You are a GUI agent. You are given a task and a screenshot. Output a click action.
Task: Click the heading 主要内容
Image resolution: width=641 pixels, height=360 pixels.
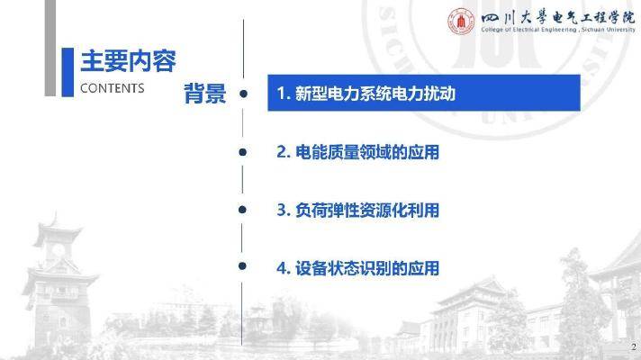pyautogui.click(x=128, y=61)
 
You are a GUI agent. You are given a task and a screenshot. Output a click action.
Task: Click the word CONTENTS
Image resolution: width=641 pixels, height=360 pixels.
pyautogui.click(x=112, y=88)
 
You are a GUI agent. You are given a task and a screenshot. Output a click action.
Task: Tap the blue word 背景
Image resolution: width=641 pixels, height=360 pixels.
pyautogui.click(x=204, y=94)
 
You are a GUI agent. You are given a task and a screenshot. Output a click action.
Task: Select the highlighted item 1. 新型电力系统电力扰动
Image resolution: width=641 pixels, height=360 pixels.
pyautogui.click(x=424, y=93)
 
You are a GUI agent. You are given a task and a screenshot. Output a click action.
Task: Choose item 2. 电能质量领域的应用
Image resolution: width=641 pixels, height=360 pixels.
pyautogui.click(x=357, y=152)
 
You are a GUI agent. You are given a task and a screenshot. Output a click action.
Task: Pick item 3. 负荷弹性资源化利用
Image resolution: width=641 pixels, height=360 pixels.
pyautogui.click(x=357, y=210)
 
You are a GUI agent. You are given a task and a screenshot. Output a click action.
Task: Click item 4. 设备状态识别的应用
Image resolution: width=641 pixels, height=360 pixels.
pyautogui.click(x=357, y=268)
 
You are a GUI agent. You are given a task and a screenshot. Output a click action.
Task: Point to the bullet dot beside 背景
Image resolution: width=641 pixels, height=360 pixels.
pyautogui.click(x=243, y=94)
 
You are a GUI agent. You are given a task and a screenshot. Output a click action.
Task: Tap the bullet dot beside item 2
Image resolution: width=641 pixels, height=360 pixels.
pyautogui.click(x=242, y=152)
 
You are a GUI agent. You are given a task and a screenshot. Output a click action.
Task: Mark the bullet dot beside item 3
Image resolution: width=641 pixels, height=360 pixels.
pyautogui.click(x=242, y=210)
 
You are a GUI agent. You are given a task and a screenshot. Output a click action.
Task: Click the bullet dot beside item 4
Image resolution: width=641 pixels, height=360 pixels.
pyautogui.click(x=242, y=266)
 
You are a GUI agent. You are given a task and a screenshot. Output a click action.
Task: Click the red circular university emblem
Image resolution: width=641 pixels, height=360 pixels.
pyautogui.click(x=461, y=22)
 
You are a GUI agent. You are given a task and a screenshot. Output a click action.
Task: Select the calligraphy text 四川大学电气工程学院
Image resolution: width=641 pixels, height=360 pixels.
pyautogui.click(x=557, y=18)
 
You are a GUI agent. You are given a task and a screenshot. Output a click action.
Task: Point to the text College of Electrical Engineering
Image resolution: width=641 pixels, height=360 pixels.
pyautogui.click(x=529, y=30)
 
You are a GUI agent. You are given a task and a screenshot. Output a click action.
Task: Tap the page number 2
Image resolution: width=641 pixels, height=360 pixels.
pyautogui.click(x=634, y=346)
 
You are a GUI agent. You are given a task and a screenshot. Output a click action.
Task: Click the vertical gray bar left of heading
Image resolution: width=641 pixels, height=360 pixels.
pyautogui.click(x=50, y=48)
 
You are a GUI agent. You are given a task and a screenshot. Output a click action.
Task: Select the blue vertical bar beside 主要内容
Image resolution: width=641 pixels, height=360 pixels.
pyautogui.click(x=68, y=72)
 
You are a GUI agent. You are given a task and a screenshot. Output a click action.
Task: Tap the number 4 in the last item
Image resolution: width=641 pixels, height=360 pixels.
pyautogui.click(x=281, y=268)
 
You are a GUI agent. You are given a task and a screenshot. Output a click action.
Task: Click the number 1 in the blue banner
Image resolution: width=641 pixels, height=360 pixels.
pyautogui.click(x=281, y=94)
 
